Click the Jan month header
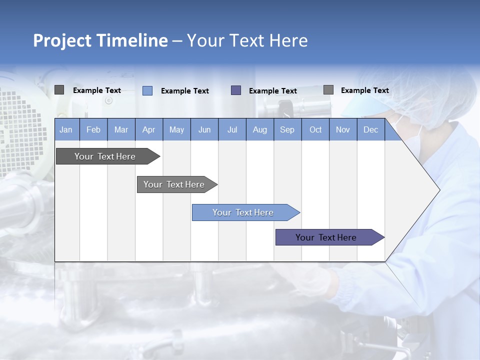click(x=66, y=129)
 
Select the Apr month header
click(x=148, y=129)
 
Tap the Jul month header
click(x=232, y=129)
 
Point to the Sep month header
click(x=287, y=129)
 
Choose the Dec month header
click(x=370, y=129)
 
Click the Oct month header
click(x=315, y=129)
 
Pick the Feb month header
click(x=93, y=129)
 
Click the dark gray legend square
click(x=59, y=90)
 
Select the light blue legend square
click(x=147, y=90)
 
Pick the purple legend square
click(x=236, y=90)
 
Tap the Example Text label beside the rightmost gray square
click(x=364, y=90)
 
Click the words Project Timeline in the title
click(x=100, y=40)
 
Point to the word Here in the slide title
click(x=288, y=40)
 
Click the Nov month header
click(x=343, y=129)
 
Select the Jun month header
click(x=204, y=129)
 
